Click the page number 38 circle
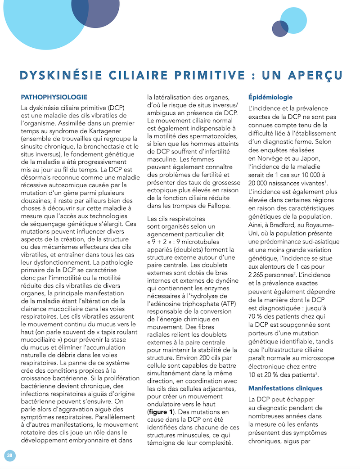click(9, 455)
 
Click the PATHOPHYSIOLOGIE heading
click(54, 97)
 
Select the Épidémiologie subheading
click(270, 97)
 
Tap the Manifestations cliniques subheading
click(285, 388)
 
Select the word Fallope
click(218, 206)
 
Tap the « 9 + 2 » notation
click(161, 241)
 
